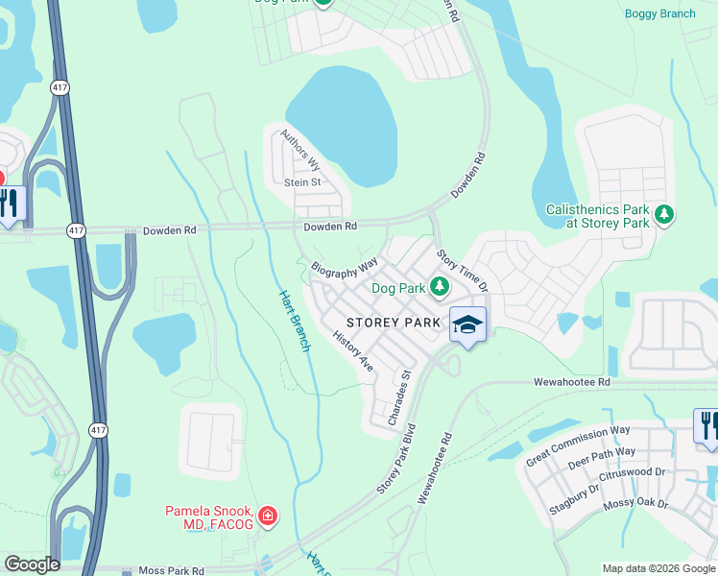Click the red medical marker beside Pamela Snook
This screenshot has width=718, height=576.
click(x=267, y=517)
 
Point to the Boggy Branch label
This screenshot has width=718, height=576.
click(x=659, y=13)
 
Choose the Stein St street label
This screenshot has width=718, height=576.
click(x=301, y=181)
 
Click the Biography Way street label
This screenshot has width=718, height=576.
click(x=344, y=267)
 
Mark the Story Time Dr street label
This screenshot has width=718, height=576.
click(x=463, y=272)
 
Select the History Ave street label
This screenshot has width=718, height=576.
click(x=352, y=351)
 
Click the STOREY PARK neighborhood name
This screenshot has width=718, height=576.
click(x=394, y=323)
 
